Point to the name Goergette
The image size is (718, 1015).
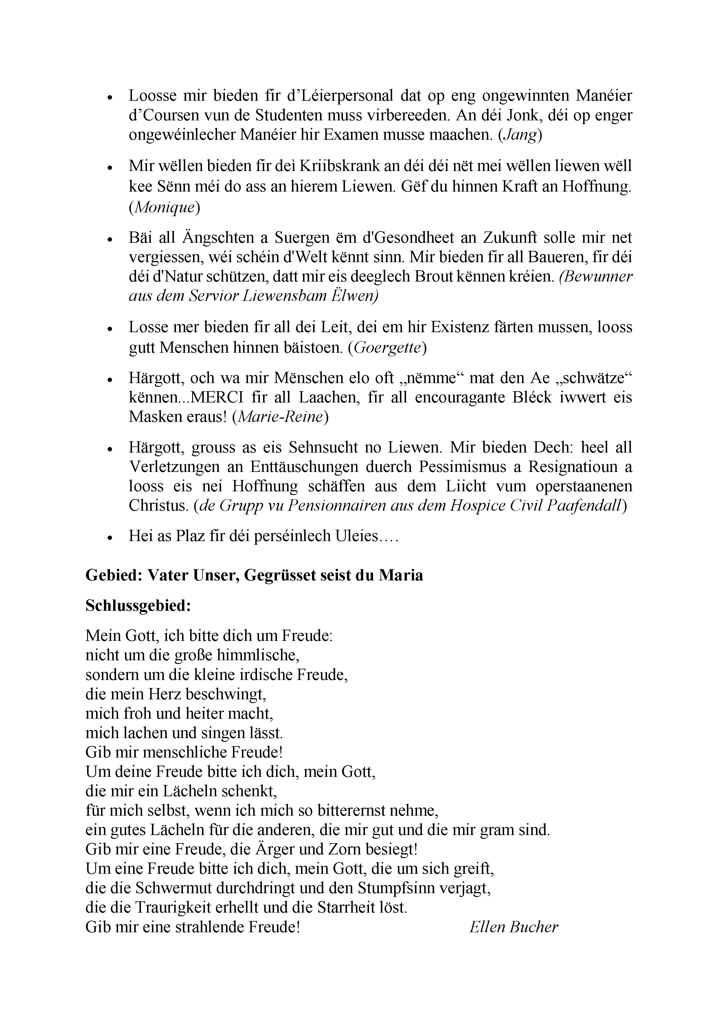coord(387,348)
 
